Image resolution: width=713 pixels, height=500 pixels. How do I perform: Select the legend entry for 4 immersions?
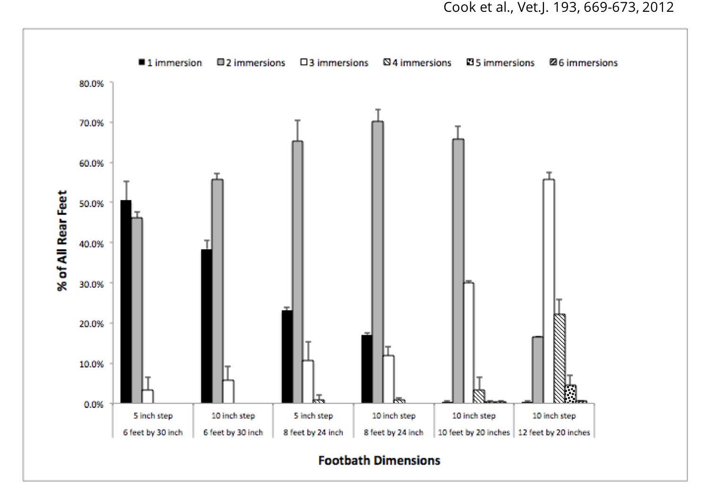coord(417,63)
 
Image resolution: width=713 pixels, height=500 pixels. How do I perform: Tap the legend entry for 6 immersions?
coord(584,63)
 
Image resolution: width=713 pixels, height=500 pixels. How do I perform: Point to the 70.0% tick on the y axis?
coord(92,123)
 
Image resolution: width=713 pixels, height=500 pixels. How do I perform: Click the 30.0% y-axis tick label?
coord(92,284)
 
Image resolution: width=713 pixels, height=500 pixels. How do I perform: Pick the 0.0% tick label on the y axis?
coord(93,405)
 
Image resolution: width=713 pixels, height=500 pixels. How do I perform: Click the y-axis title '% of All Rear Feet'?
coord(62,241)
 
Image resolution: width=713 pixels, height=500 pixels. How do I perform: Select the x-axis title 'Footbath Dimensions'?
coord(379,460)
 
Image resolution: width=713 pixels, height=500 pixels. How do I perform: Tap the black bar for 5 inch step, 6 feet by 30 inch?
coord(126,302)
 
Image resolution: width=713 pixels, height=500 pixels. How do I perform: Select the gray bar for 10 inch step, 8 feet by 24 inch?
coord(377,262)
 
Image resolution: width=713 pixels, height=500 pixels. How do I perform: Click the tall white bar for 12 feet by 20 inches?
coord(549,291)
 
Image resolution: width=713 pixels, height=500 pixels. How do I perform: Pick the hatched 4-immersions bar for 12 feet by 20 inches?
coord(560,359)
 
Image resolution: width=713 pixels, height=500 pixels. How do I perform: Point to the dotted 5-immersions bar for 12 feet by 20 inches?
coord(570,394)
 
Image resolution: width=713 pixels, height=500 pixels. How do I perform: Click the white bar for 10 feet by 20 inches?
coord(468,343)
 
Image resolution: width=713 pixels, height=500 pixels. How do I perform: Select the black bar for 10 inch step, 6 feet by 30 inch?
coord(206,326)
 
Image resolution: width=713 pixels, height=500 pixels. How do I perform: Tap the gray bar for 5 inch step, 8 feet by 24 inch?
coord(297,272)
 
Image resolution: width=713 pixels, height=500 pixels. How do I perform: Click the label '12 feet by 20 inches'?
coord(554,432)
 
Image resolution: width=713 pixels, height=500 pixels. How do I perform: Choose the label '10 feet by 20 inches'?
coord(474,432)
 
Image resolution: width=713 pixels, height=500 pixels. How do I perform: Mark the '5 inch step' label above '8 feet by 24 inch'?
coord(313,416)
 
